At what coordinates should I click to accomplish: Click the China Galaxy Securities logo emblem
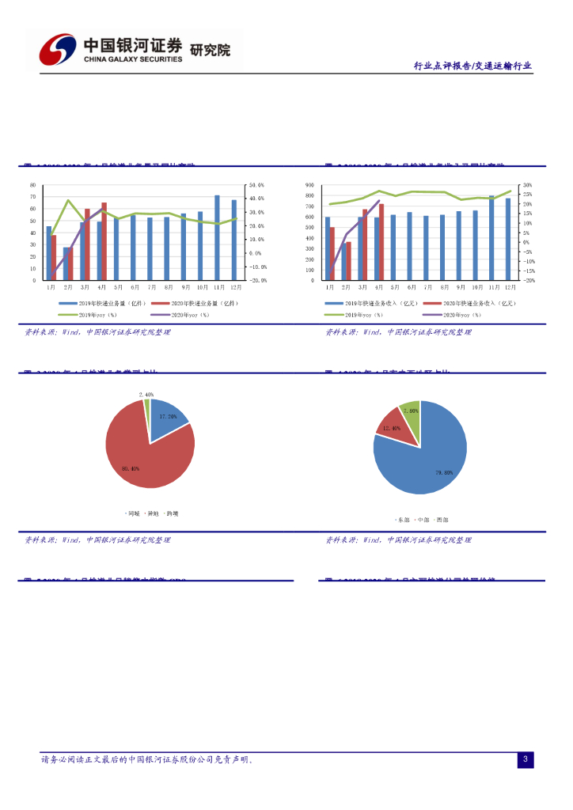click(58, 50)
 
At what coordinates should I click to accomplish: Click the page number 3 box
click(526, 759)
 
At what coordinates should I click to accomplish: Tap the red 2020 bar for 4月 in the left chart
click(104, 241)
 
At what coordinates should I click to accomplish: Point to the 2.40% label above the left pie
click(146, 394)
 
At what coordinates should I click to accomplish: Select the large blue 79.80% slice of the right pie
click(423, 467)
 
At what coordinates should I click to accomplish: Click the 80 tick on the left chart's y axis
click(32, 185)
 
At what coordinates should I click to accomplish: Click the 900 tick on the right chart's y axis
click(309, 185)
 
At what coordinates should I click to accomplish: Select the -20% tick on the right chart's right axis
click(529, 280)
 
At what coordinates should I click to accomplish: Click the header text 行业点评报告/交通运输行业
click(472, 66)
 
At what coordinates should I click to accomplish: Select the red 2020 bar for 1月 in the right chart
click(332, 254)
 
